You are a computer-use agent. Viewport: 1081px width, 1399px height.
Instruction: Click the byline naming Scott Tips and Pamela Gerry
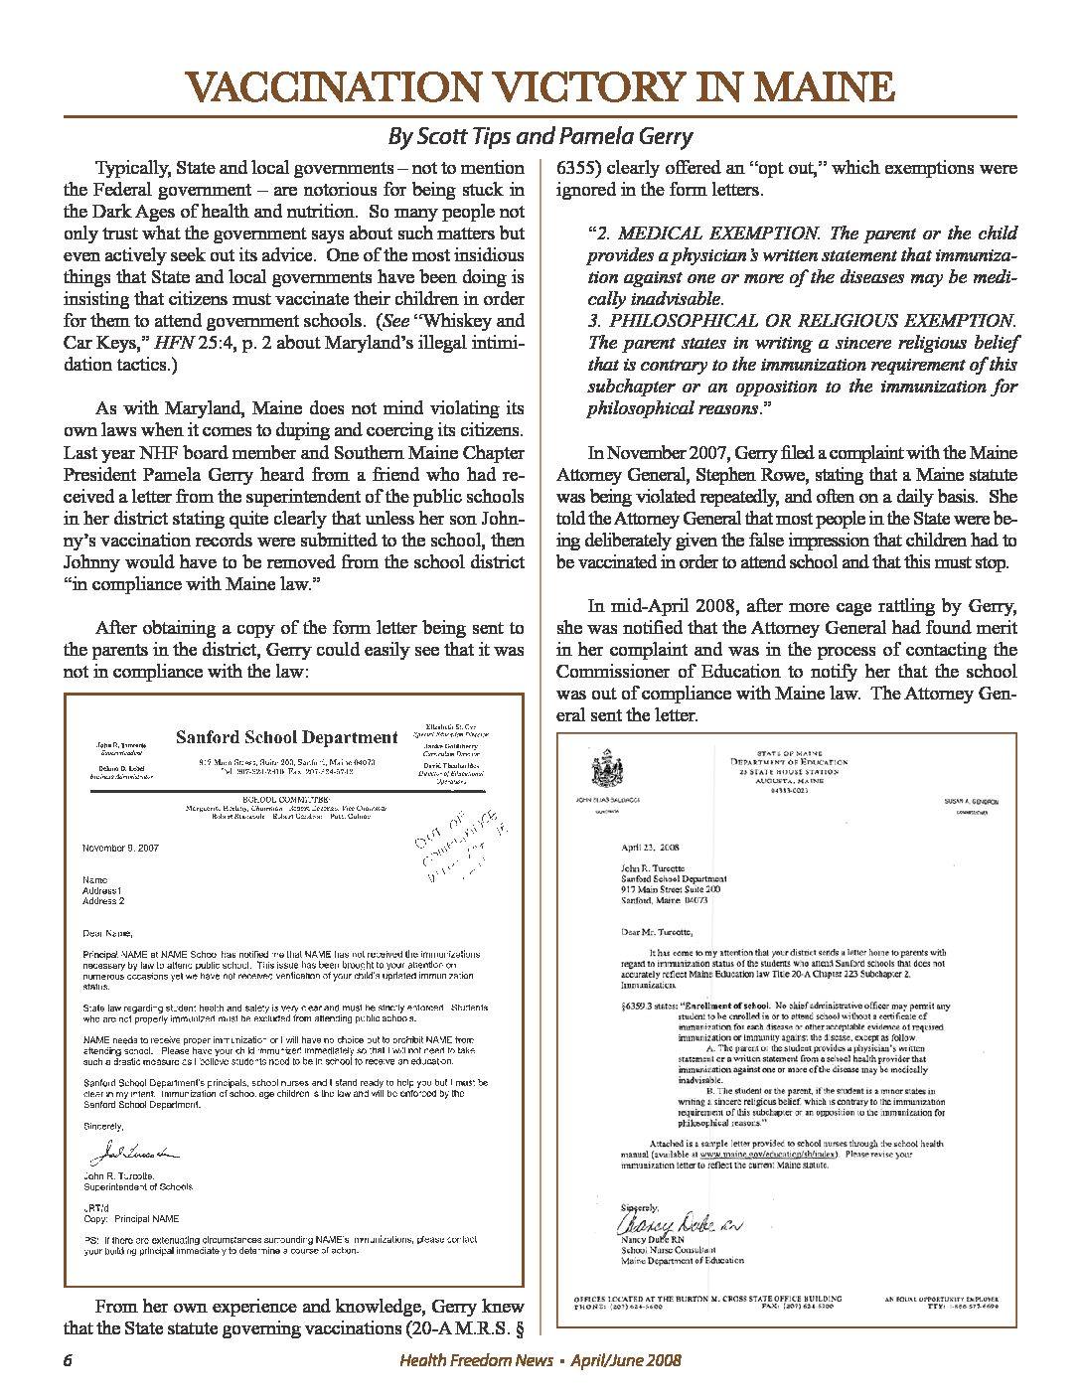tap(540, 136)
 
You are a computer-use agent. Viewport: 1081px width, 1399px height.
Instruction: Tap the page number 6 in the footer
tap(69, 1360)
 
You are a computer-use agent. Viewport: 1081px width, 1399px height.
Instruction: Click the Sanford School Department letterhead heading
tap(286, 737)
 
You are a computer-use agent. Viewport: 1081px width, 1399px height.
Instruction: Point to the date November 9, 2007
tap(120, 848)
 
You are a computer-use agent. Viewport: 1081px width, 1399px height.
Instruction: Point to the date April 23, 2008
tap(649, 848)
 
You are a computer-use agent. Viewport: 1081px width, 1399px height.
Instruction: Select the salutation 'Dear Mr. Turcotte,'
tap(657, 931)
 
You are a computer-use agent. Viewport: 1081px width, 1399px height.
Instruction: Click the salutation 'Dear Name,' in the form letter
tap(106, 933)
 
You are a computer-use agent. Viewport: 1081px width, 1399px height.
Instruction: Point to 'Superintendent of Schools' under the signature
tap(138, 1186)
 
